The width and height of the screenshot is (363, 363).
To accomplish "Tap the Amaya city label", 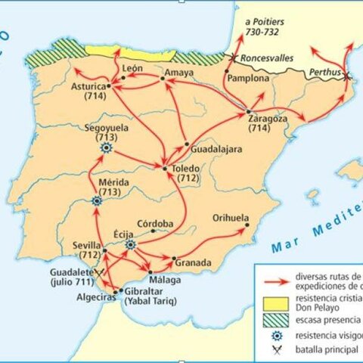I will point(179,73).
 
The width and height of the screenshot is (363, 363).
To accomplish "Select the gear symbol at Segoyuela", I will point(106,149).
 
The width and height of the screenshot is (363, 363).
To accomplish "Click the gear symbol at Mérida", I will point(97,201).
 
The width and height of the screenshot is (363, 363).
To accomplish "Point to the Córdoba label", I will point(155,224).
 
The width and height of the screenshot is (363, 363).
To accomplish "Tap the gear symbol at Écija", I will point(130,245).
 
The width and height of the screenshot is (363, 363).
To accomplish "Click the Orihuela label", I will point(231,217).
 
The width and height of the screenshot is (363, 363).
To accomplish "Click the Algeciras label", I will point(92,298).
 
